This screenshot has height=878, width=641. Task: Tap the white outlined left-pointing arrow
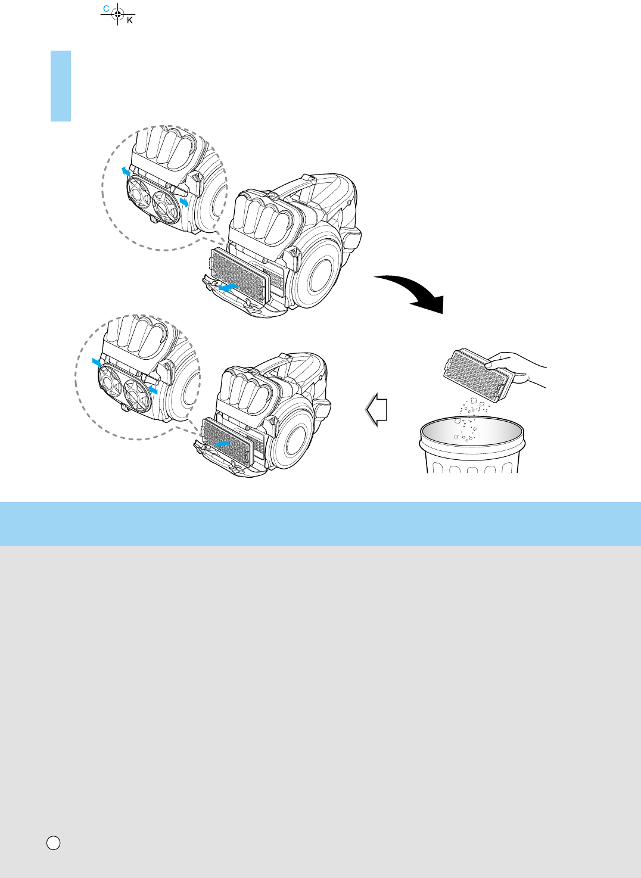click(376, 410)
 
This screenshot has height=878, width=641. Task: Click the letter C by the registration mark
click(106, 8)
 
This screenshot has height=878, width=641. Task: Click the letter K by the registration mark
click(130, 20)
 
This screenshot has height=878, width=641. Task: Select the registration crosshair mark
click(117, 14)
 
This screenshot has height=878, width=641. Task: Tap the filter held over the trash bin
click(478, 373)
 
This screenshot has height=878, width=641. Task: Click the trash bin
click(472, 445)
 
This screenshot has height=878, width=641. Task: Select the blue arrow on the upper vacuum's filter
click(228, 287)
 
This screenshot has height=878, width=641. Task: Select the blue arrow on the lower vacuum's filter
click(222, 444)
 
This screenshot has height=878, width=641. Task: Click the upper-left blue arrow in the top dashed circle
click(126, 172)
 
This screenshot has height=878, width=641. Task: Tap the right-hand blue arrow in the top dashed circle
click(184, 202)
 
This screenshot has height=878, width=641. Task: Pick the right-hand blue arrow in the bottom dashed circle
click(153, 390)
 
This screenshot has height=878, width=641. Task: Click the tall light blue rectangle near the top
click(61, 86)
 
